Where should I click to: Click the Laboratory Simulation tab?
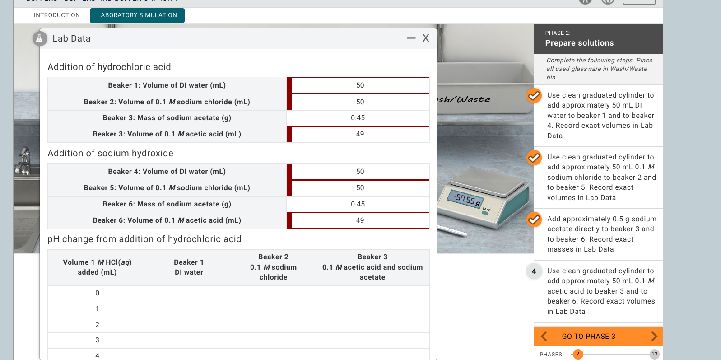(x=137, y=15)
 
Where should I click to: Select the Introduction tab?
(x=57, y=15)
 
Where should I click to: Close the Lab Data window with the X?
(x=426, y=38)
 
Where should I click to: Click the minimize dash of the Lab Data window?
(x=411, y=38)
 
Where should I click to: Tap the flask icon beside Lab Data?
(x=40, y=39)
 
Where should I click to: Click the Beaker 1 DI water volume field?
(x=360, y=85)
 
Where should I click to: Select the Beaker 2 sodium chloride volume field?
(x=360, y=102)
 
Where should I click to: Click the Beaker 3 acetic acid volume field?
(x=360, y=134)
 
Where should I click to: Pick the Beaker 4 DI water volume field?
(x=360, y=172)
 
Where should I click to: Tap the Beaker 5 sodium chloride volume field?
(x=360, y=188)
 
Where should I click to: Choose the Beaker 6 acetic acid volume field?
(x=360, y=220)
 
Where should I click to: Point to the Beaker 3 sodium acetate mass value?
(x=358, y=118)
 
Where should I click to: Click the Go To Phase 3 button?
(x=588, y=337)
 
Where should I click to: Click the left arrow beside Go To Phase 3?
(x=544, y=337)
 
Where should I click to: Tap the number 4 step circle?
(x=534, y=271)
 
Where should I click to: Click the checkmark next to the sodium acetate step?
(x=534, y=220)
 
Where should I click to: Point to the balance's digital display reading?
(x=465, y=198)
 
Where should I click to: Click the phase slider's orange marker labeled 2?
(x=577, y=354)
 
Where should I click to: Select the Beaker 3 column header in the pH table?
(x=372, y=267)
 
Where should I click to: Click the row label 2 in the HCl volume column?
(x=97, y=325)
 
